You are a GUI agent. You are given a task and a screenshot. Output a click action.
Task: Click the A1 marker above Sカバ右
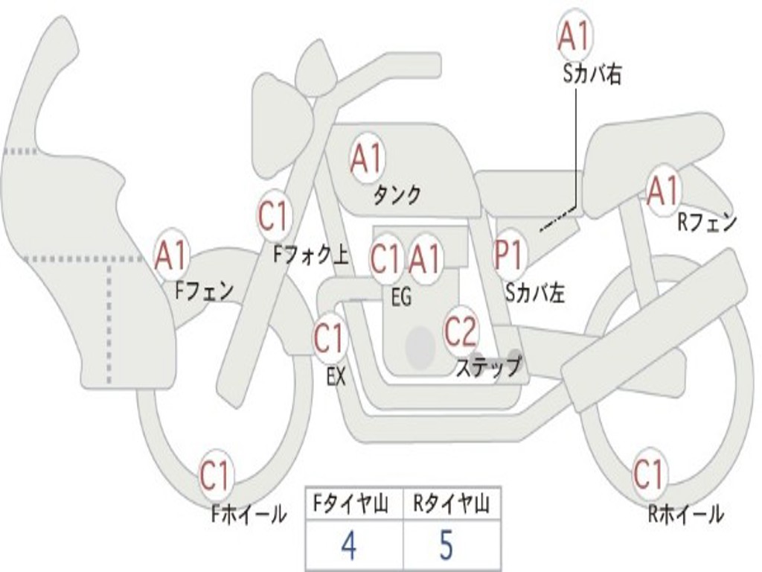[575, 36]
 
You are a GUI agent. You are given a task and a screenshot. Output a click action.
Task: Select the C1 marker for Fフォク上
[274, 215]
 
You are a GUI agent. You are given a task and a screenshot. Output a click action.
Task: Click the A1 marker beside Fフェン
[171, 255]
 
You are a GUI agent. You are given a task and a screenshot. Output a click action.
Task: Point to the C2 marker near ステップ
[460, 331]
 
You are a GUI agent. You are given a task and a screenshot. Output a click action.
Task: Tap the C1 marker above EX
[330, 337]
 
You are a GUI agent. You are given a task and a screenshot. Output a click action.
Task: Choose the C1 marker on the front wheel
[215, 475]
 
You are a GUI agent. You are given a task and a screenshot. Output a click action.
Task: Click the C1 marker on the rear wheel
[650, 474]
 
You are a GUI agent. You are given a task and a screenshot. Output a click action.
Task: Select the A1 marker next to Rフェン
[664, 191]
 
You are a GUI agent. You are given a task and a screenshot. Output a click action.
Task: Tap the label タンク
[397, 196]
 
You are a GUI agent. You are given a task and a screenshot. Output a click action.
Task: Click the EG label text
[401, 296]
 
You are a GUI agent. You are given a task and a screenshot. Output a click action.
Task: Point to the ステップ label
[489, 366]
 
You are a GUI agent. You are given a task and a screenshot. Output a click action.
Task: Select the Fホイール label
[249, 515]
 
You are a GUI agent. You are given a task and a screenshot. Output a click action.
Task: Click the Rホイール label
[685, 514]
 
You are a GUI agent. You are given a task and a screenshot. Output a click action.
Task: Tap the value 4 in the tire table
[349, 544]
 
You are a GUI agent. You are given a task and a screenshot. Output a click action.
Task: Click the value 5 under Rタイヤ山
[446, 544]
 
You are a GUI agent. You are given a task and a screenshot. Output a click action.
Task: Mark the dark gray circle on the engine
[420, 347]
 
